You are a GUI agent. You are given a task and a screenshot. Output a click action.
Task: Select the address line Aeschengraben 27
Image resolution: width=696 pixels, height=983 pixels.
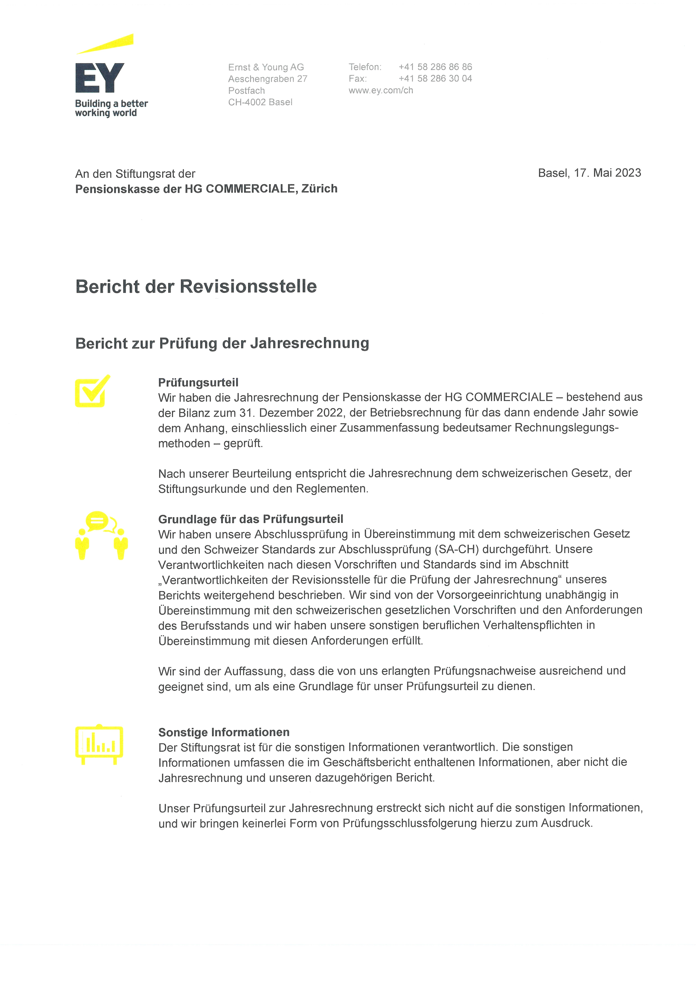pos(267,79)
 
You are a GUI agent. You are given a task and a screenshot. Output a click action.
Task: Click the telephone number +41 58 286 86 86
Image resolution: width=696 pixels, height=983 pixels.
pos(435,67)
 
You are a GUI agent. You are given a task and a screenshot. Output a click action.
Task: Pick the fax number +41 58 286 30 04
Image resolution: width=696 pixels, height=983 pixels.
pos(435,78)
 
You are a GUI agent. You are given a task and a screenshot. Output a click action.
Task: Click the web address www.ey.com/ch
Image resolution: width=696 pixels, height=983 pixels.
pos(381,90)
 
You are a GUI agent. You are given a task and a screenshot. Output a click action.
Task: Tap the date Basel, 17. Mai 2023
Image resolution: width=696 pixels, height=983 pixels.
pos(589,173)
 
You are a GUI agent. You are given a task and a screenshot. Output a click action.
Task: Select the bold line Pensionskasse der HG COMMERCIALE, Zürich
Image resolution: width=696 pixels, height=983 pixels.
pos(206,189)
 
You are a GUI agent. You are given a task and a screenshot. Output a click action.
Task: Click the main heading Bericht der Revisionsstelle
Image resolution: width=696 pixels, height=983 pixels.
pos(196,287)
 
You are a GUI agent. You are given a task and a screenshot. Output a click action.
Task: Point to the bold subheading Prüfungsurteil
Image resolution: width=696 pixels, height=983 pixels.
pos(198,383)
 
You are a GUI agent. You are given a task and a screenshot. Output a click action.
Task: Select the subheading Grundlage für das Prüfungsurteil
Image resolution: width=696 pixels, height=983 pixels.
pos(251,519)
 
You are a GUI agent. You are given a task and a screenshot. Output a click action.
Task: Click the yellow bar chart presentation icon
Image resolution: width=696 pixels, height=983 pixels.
pos(99,744)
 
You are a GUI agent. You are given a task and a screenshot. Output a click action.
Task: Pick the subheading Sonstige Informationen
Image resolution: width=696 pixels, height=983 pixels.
pos(224,732)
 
